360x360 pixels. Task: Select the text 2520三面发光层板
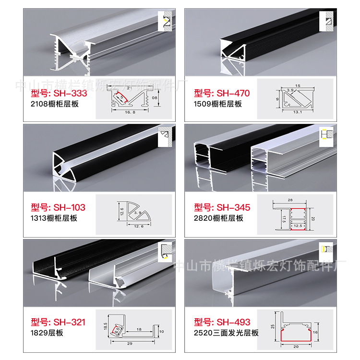tap(226, 333)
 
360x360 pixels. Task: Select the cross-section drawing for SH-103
tap(131, 213)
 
